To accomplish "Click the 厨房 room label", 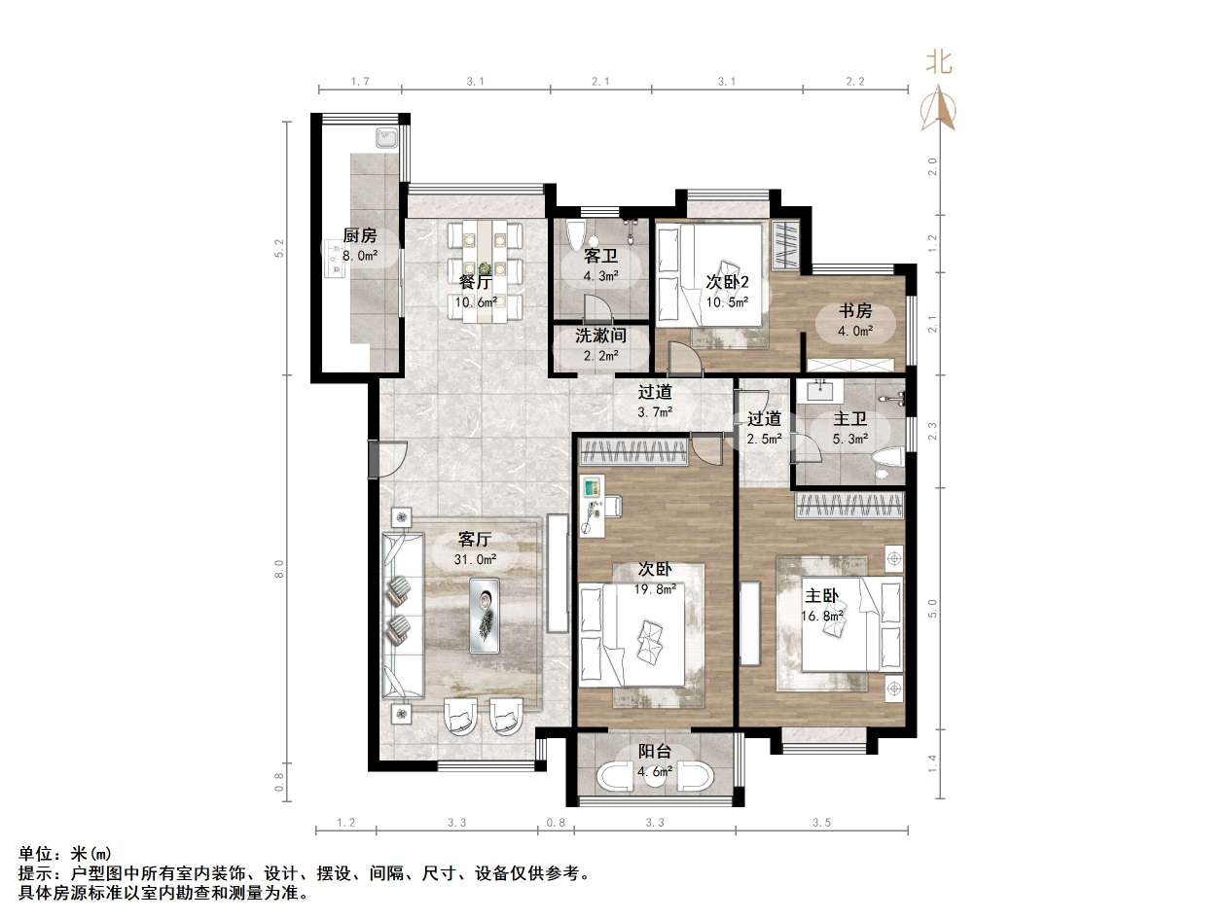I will click(359, 235).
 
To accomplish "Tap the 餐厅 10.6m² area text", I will click(475, 301).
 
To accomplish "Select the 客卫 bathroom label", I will click(599, 256).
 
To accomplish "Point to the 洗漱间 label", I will click(599, 336).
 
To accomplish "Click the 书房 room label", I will click(855, 311).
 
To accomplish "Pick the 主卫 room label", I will click(850, 419).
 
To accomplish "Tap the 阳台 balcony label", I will click(654, 751).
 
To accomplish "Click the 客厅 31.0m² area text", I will click(475, 560).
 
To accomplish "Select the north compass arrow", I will click(939, 108).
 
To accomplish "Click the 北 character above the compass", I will click(939, 63).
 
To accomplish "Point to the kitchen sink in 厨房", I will click(385, 138).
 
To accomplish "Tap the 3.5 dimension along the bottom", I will click(821, 823).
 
